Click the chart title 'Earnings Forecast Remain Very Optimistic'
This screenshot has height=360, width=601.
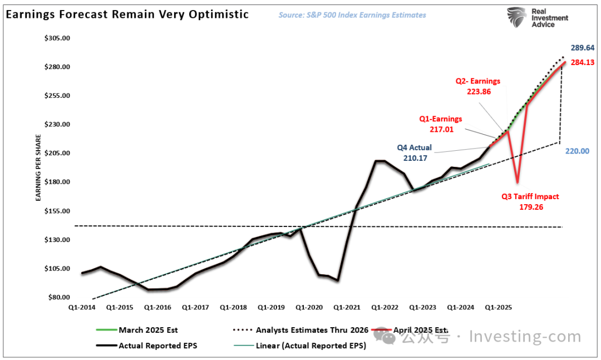tap(127, 14)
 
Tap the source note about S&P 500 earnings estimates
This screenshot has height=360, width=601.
tap(352, 15)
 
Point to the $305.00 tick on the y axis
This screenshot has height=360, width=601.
tap(57, 38)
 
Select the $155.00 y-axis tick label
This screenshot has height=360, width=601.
tap(57, 211)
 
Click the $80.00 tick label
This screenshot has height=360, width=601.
tap(59, 297)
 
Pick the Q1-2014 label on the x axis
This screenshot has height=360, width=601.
tap(81, 307)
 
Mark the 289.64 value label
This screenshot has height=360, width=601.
tap(582, 48)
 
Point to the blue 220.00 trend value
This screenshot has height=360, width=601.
tap(578, 151)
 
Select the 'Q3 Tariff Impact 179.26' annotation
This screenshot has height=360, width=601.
tap(530, 201)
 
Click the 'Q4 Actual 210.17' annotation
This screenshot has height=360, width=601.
tap(414, 152)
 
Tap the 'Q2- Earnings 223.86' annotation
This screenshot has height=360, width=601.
tap(477, 86)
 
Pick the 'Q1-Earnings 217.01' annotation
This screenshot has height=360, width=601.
tap(440, 124)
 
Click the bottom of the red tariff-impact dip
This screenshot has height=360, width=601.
tap(518, 181)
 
